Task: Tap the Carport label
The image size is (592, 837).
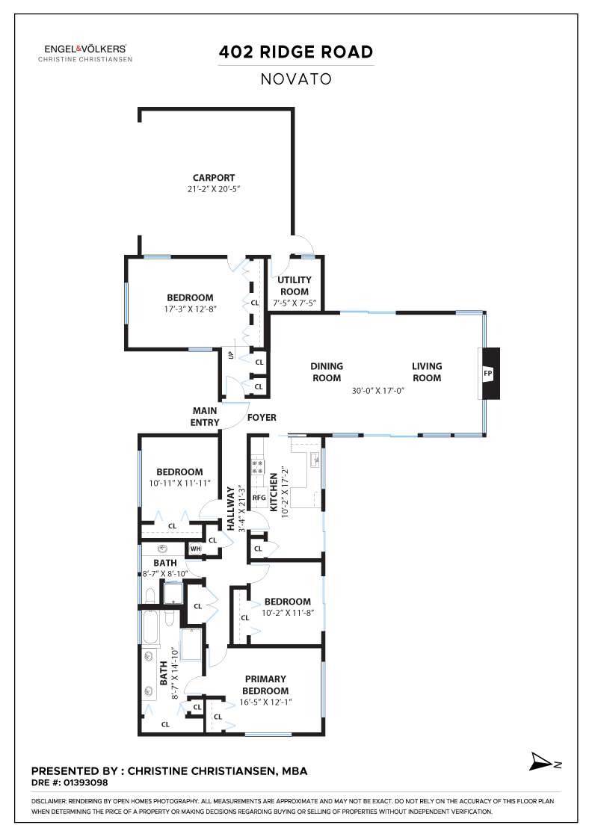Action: coord(214,178)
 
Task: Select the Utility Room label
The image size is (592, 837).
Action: coord(295,285)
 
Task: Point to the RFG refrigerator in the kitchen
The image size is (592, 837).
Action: coord(259,498)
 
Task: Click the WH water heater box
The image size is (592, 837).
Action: coord(195,549)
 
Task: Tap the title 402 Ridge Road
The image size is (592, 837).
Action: coord(296,52)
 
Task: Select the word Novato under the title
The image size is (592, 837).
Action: coord(296,79)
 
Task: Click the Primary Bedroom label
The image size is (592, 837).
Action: coord(265,685)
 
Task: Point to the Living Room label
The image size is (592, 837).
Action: coord(427,372)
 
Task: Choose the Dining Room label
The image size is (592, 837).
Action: coord(327,372)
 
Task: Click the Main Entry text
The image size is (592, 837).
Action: coord(205,416)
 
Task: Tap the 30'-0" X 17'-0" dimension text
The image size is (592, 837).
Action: coord(378,391)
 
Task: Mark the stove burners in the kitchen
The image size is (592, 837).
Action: coord(258,467)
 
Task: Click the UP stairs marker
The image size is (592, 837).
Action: coord(231,354)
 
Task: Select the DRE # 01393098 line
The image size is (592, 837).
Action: coord(70,783)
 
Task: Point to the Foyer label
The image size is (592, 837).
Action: coord(262,418)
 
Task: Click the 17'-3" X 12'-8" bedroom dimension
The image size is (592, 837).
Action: coord(190,309)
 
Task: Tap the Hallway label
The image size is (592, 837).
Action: coord(231,508)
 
